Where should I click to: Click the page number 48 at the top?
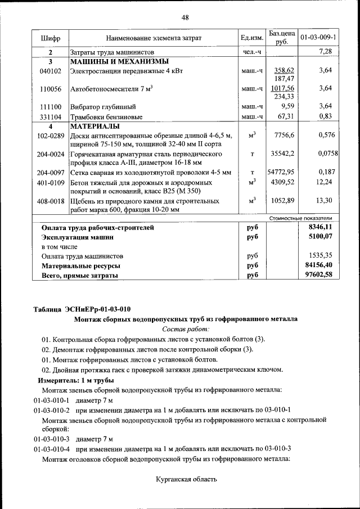(x=184, y=17)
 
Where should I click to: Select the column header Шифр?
(x=50, y=38)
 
